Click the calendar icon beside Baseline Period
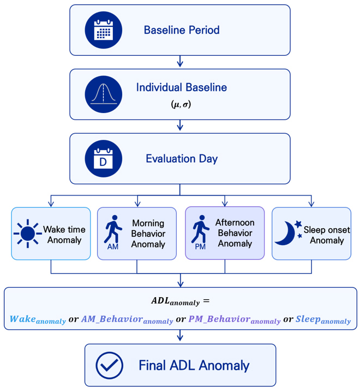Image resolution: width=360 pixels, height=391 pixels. click(104, 30)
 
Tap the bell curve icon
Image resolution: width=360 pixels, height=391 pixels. click(104, 94)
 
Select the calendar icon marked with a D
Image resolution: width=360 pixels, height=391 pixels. click(104, 158)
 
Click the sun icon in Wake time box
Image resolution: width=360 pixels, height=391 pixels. click(28, 234)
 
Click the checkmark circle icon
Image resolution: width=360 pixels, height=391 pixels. click(110, 365)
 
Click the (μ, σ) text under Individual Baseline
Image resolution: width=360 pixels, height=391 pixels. click(181, 104)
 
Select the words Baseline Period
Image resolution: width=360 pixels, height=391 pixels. click(182, 30)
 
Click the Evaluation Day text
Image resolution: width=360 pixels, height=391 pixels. click(182, 159)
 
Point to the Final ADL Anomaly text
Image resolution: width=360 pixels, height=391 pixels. click(194, 365)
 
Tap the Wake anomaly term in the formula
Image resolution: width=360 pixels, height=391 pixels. click(38, 319)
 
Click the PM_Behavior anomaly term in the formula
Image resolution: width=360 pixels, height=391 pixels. click(235, 319)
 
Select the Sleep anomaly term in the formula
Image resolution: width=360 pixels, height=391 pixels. click(323, 319)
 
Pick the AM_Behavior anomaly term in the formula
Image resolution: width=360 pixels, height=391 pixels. click(127, 319)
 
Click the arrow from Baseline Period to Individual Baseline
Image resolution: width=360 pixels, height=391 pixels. click(180, 61)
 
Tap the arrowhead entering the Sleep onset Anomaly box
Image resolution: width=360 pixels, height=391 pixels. click(311, 204)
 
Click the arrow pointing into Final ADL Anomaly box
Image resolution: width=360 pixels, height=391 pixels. click(180, 335)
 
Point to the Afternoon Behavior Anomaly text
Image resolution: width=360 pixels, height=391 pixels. click(235, 233)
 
